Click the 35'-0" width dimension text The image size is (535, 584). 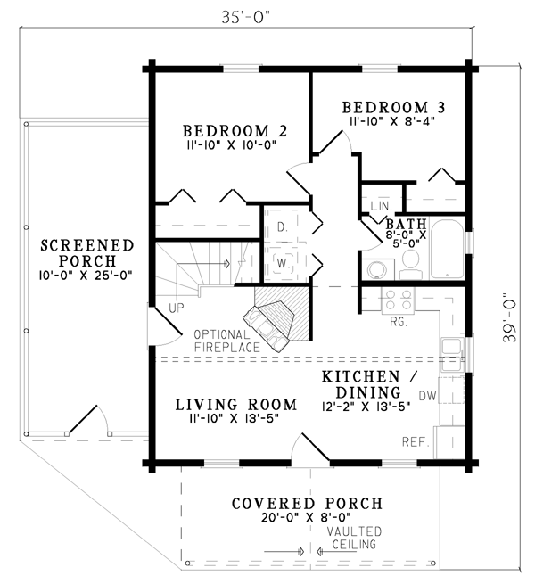pyautogui.click(x=246, y=17)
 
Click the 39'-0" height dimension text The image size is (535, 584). pyautogui.click(x=509, y=322)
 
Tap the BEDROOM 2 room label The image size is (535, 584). pyautogui.click(x=235, y=131)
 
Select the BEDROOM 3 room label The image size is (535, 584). pyautogui.click(x=394, y=108)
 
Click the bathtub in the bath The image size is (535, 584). pyautogui.click(x=447, y=249)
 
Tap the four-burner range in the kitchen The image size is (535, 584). pyautogui.click(x=398, y=300)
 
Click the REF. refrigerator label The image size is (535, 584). pyautogui.click(x=416, y=442)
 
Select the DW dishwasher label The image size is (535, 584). pyautogui.click(x=427, y=396)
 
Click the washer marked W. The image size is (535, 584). pyautogui.click(x=283, y=263)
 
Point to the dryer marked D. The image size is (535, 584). pyautogui.click(x=283, y=226)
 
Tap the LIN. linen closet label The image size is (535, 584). pyautogui.click(x=381, y=206)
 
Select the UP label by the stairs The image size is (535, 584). pyautogui.click(x=177, y=308)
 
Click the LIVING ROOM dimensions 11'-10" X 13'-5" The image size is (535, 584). pyautogui.click(x=235, y=419)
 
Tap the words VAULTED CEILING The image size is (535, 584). pyautogui.click(x=354, y=538)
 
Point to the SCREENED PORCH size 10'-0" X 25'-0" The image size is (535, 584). pyautogui.click(x=86, y=276)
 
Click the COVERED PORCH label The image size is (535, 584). pyautogui.click(x=308, y=504)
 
